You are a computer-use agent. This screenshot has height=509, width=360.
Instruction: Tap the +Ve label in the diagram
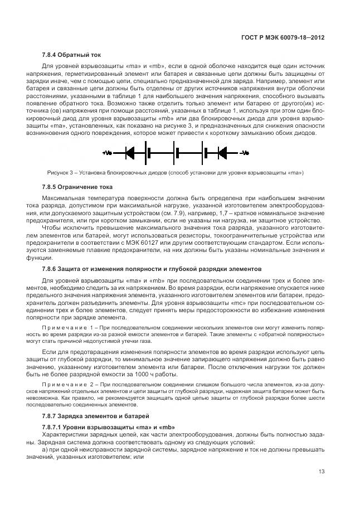click(108, 152)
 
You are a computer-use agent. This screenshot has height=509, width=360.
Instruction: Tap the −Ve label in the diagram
click(244, 152)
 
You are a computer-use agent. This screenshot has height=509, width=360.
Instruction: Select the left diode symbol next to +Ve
click(131, 152)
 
